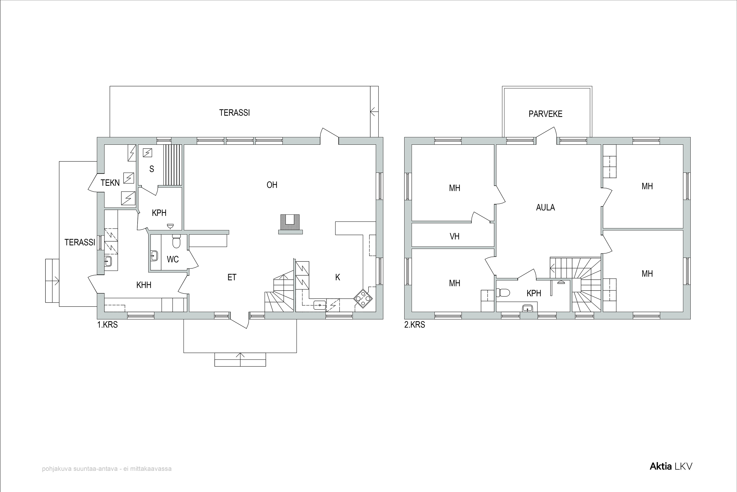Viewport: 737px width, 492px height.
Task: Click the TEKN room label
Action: point(110,183)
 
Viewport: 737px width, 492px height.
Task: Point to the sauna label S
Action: point(152,169)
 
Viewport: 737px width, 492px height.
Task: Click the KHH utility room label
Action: point(144,285)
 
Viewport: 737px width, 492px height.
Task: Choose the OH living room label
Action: point(272,185)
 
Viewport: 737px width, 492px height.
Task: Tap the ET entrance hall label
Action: point(232,277)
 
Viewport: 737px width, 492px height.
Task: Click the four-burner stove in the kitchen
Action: point(363,298)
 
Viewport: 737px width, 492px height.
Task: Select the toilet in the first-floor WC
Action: point(176,242)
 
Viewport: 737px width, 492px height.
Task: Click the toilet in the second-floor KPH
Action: point(503,293)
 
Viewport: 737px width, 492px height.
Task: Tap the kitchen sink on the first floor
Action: point(320,305)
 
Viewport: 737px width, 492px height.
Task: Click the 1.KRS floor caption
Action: point(108,325)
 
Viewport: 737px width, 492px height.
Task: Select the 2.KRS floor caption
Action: point(415,325)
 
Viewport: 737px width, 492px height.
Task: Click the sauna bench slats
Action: point(173,165)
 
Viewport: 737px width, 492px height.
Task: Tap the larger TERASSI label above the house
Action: point(234,113)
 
